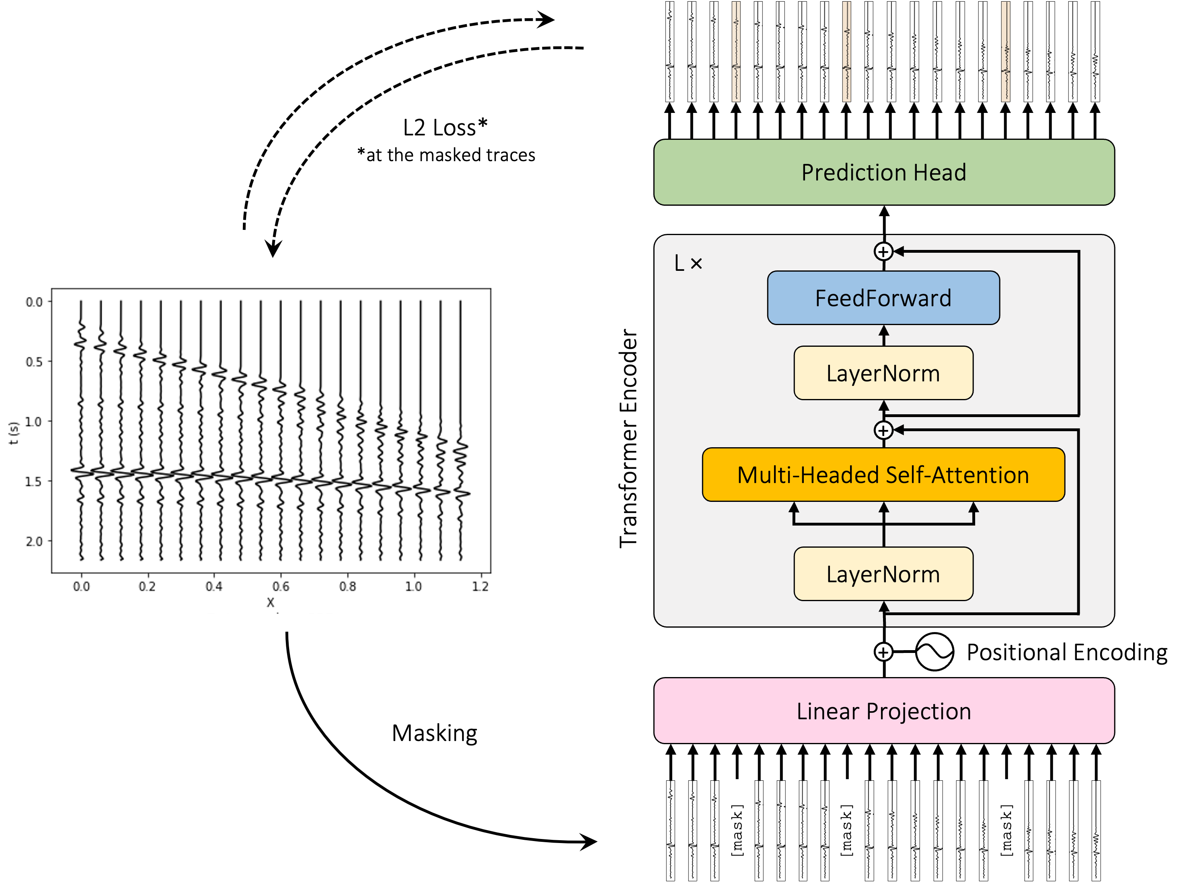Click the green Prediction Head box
(883, 172)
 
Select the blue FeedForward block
(883, 298)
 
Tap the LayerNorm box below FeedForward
(883, 373)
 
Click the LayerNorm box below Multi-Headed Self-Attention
(883, 574)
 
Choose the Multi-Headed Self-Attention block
(883, 475)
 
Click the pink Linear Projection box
(883, 711)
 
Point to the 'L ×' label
(688, 263)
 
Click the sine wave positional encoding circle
(934, 652)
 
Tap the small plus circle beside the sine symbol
(883, 652)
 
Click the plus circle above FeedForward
(883, 251)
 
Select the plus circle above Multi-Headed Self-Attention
(883, 430)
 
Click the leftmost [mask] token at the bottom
(737, 831)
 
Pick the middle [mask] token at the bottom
(846, 831)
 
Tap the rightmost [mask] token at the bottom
(1006, 831)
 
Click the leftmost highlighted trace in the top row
(736, 51)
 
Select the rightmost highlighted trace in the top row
(1006, 51)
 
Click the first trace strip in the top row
(670, 51)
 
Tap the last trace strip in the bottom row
(1096, 831)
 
